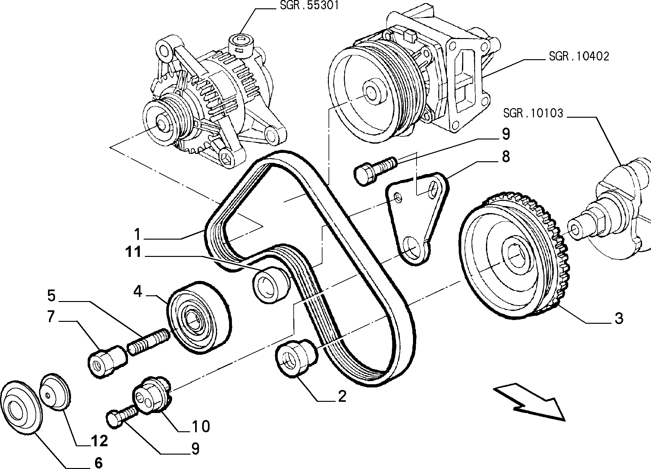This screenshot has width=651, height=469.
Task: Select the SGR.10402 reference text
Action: coord(579,57)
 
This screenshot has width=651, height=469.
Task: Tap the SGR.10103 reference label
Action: coord(533,113)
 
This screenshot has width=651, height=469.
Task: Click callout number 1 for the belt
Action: coord(137,234)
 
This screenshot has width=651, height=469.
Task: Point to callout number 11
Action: coord(133,252)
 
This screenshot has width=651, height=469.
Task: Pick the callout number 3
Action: coord(619,319)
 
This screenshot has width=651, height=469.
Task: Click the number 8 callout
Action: coord(505,157)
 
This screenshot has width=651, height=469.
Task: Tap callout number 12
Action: coord(99,441)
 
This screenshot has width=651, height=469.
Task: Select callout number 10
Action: coord(201,426)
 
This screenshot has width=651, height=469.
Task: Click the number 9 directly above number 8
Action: coord(505,134)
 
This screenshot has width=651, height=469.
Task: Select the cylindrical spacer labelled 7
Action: coord(107,361)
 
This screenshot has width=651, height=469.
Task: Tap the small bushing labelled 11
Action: coord(271,284)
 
